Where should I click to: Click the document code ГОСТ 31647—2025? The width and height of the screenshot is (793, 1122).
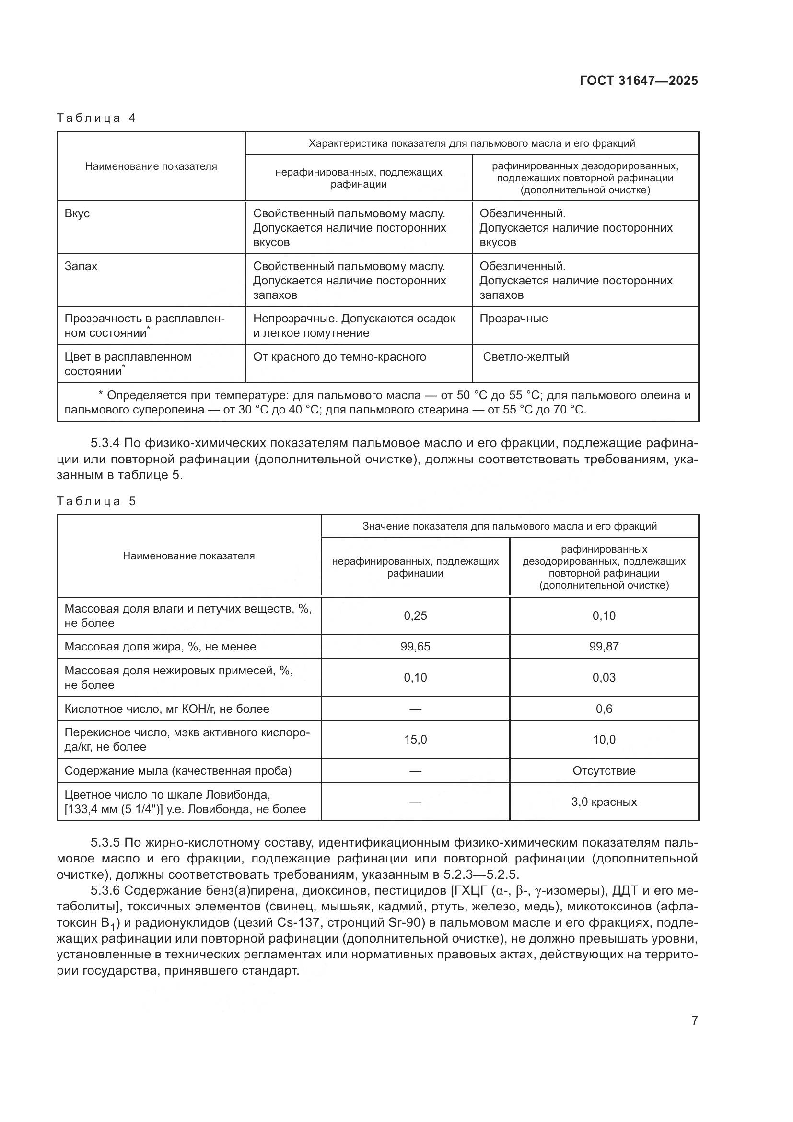pyautogui.click(x=639, y=81)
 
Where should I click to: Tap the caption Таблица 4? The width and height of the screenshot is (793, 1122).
pyautogui.click(x=96, y=118)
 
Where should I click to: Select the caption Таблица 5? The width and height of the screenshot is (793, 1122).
pyautogui.click(x=96, y=501)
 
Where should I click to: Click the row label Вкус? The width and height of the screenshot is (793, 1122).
pyautogui.click(x=77, y=213)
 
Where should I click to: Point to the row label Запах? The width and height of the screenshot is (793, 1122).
pyautogui.click(x=81, y=266)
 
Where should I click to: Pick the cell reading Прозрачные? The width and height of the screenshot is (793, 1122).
pyautogui.click(x=513, y=319)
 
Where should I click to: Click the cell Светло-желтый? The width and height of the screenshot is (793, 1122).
pyautogui.click(x=526, y=357)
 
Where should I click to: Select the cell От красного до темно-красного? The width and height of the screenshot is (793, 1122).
pyautogui.click(x=339, y=357)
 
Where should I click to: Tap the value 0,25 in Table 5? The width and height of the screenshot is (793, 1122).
pyautogui.click(x=415, y=616)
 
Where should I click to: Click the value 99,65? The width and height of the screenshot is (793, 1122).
pyautogui.click(x=415, y=647)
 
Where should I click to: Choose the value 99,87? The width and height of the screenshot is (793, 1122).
pyautogui.click(x=604, y=647)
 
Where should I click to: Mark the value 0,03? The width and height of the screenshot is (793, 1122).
pyautogui.click(x=604, y=677)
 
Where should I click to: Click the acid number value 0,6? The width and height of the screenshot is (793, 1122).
pyautogui.click(x=604, y=709)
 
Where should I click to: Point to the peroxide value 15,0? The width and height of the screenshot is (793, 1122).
pyautogui.click(x=415, y=739)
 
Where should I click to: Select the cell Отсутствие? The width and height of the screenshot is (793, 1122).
pyautogui.click(x=604, y=771)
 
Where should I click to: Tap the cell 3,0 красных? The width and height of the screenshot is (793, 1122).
pyautogui.click(x=604, y=802)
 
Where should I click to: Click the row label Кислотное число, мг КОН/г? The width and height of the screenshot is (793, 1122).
pyautogui.click(x=166, y=709)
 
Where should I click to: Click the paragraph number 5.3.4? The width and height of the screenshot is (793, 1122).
pyautogui.click(x=105, y=443)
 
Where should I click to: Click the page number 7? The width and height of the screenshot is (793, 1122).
pyautogui.click(x=695, y=1020)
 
